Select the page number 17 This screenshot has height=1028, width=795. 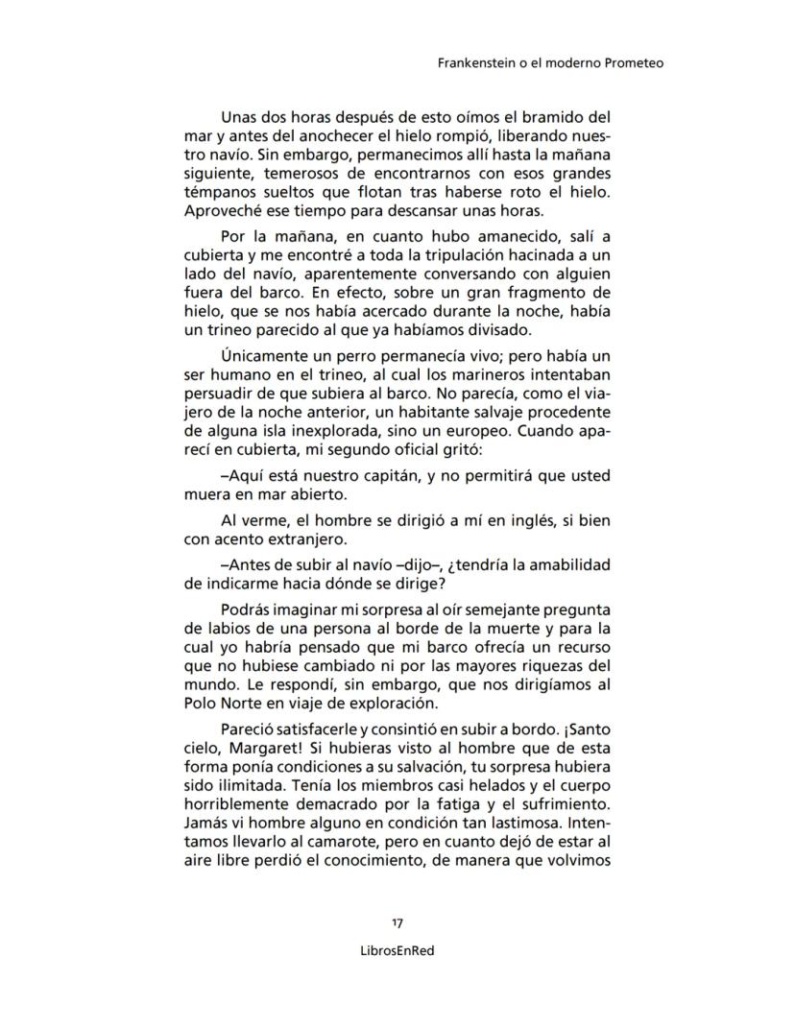397,923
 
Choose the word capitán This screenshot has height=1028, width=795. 398,476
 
